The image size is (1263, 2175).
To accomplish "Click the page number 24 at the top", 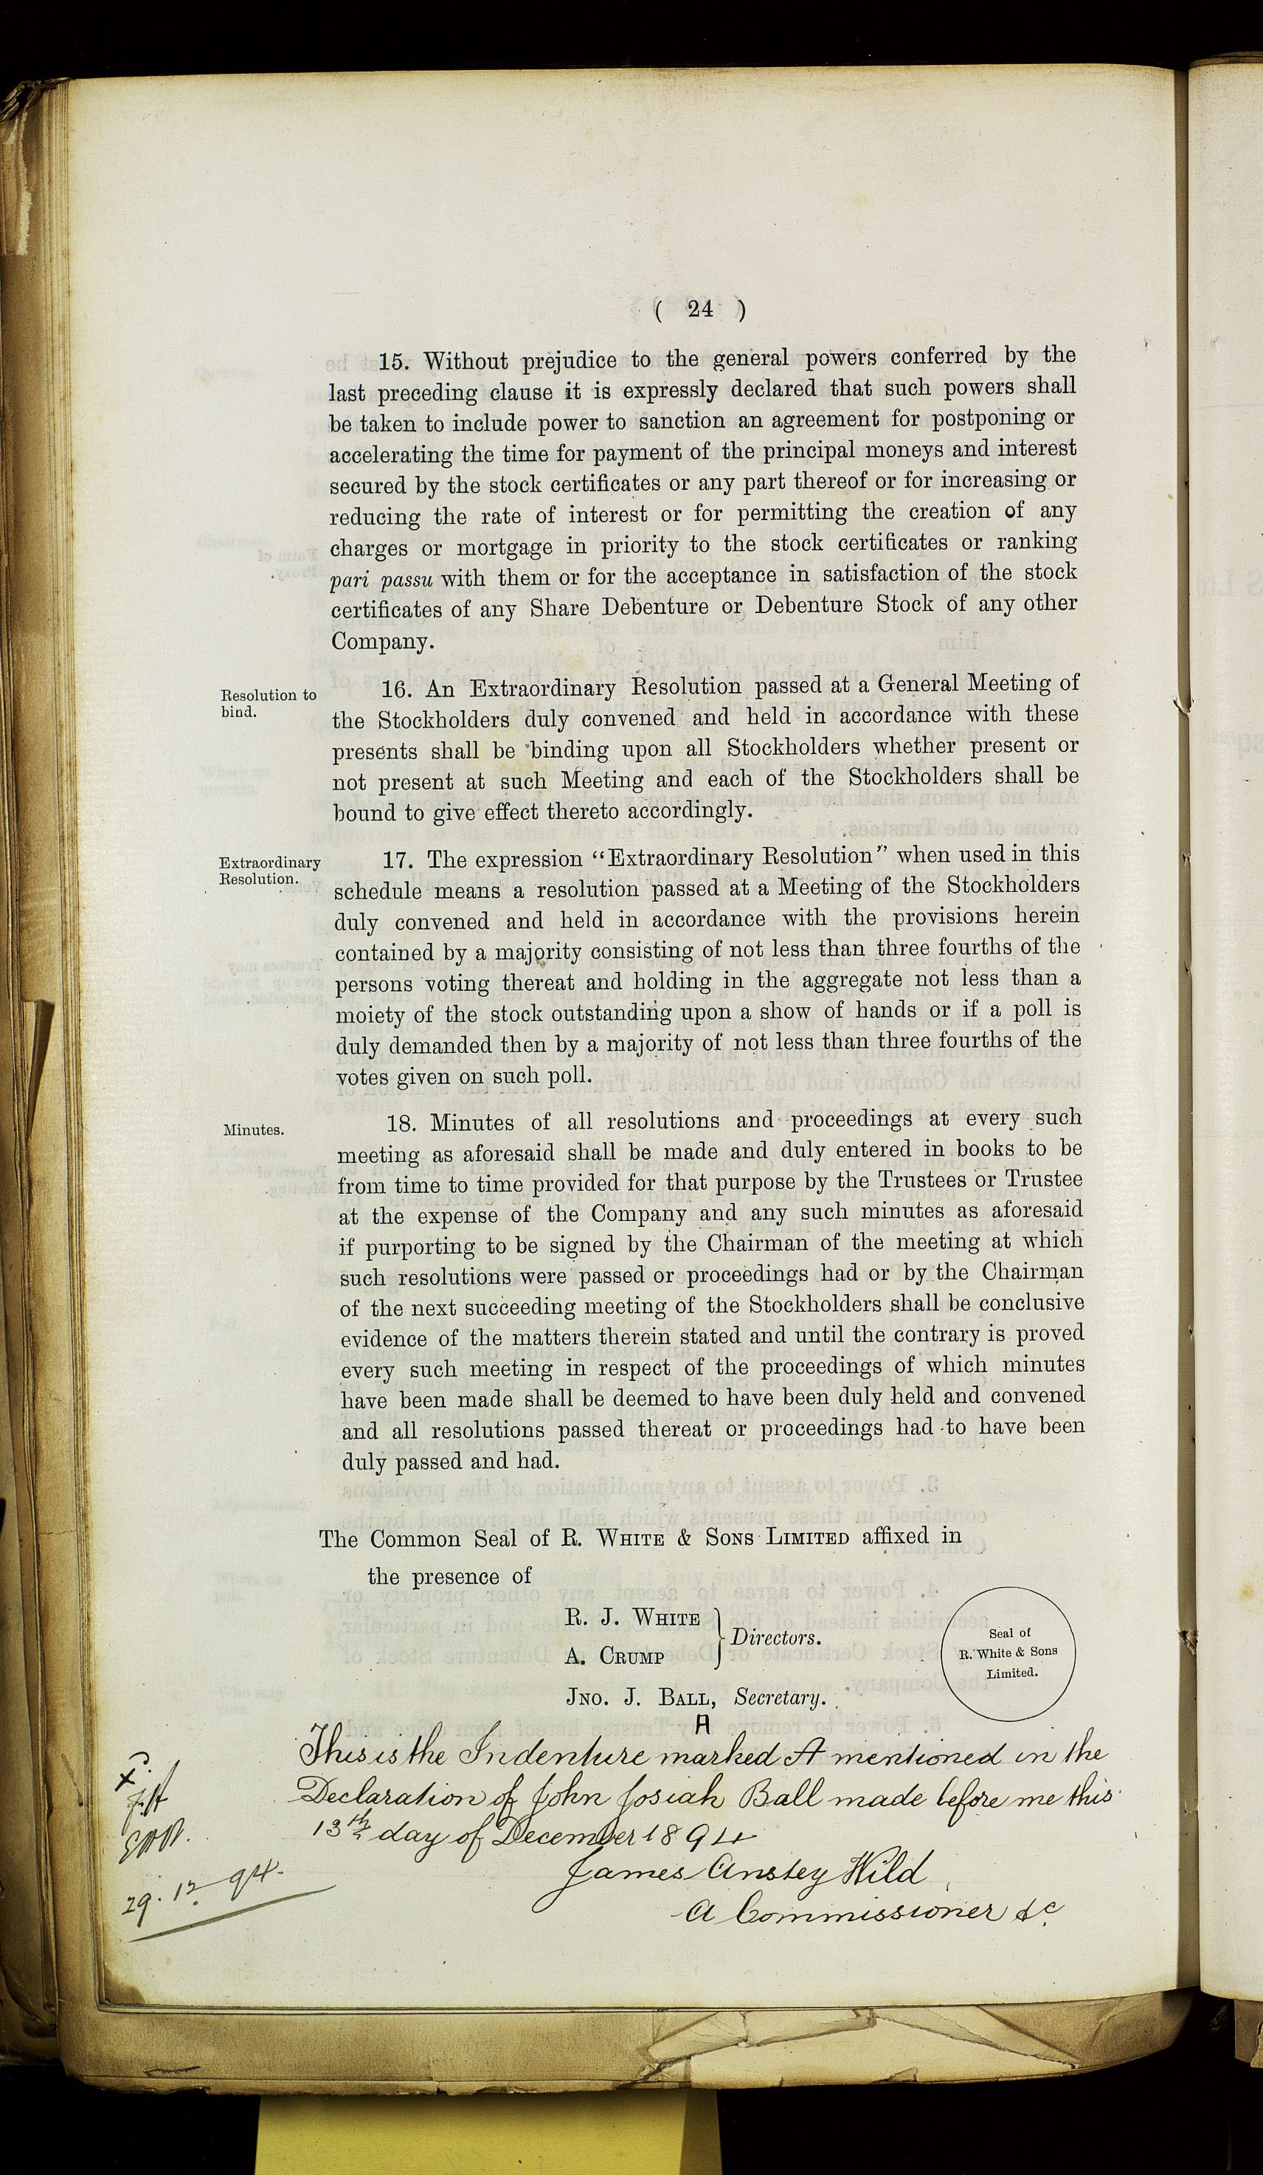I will (x=700, y=310).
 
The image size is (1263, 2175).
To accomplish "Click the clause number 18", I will (x=401, y=1123).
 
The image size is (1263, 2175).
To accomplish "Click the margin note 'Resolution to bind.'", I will (x=268, y=702).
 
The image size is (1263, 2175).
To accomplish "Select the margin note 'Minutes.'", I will (x=254, y=1129).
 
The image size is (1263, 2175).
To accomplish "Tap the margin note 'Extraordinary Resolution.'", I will (x=269, y=870).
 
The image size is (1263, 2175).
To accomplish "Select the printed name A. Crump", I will (x=615, y=1657).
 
